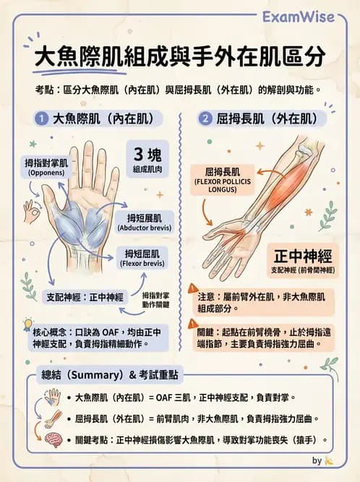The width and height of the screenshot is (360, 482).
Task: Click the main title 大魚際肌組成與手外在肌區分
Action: pos(180,58)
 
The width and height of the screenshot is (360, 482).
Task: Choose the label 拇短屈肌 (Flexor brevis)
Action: pos(145,258)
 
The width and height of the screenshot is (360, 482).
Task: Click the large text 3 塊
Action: pos(150,155)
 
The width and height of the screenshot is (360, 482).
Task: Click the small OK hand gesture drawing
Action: pos(31,211)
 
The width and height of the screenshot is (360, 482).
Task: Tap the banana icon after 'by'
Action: pos(329,460)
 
